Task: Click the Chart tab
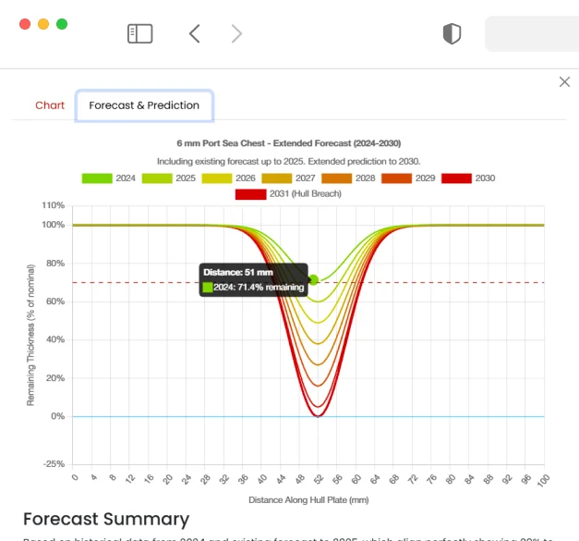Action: pyautogui.click(x=50, y=105)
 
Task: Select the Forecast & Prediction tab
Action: pyautogui.click(x=144, y=105)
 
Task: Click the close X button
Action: pyautogui.click(x=564, y=82)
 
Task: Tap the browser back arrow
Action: pyautogui.click(x=194, y=34)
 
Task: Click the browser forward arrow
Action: pyautogui.click(x=236, y=34)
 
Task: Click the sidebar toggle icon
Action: pyautogui.click(x=139, y=34)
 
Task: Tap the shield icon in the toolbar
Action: pyautogui.click(x=451, y=34)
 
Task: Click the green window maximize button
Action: pyautogui.click(x=62, y=24)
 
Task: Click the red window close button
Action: pyautogui.click(x=25, y=24)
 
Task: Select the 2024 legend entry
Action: pyautogui.click(x=110, y=178)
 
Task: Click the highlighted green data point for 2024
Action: pyautogui.click(x=314, y=279)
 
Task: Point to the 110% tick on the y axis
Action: pyautogui.click(x=54, y=205)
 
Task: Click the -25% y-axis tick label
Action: pyautogui.click(x=54, y=463)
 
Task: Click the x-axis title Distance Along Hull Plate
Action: pyautogui.click(x=308, y=500)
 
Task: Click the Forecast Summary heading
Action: pyautogui.click(x=105, y=519)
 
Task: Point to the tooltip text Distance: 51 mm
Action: pyautogui.click(x=238, y=273)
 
